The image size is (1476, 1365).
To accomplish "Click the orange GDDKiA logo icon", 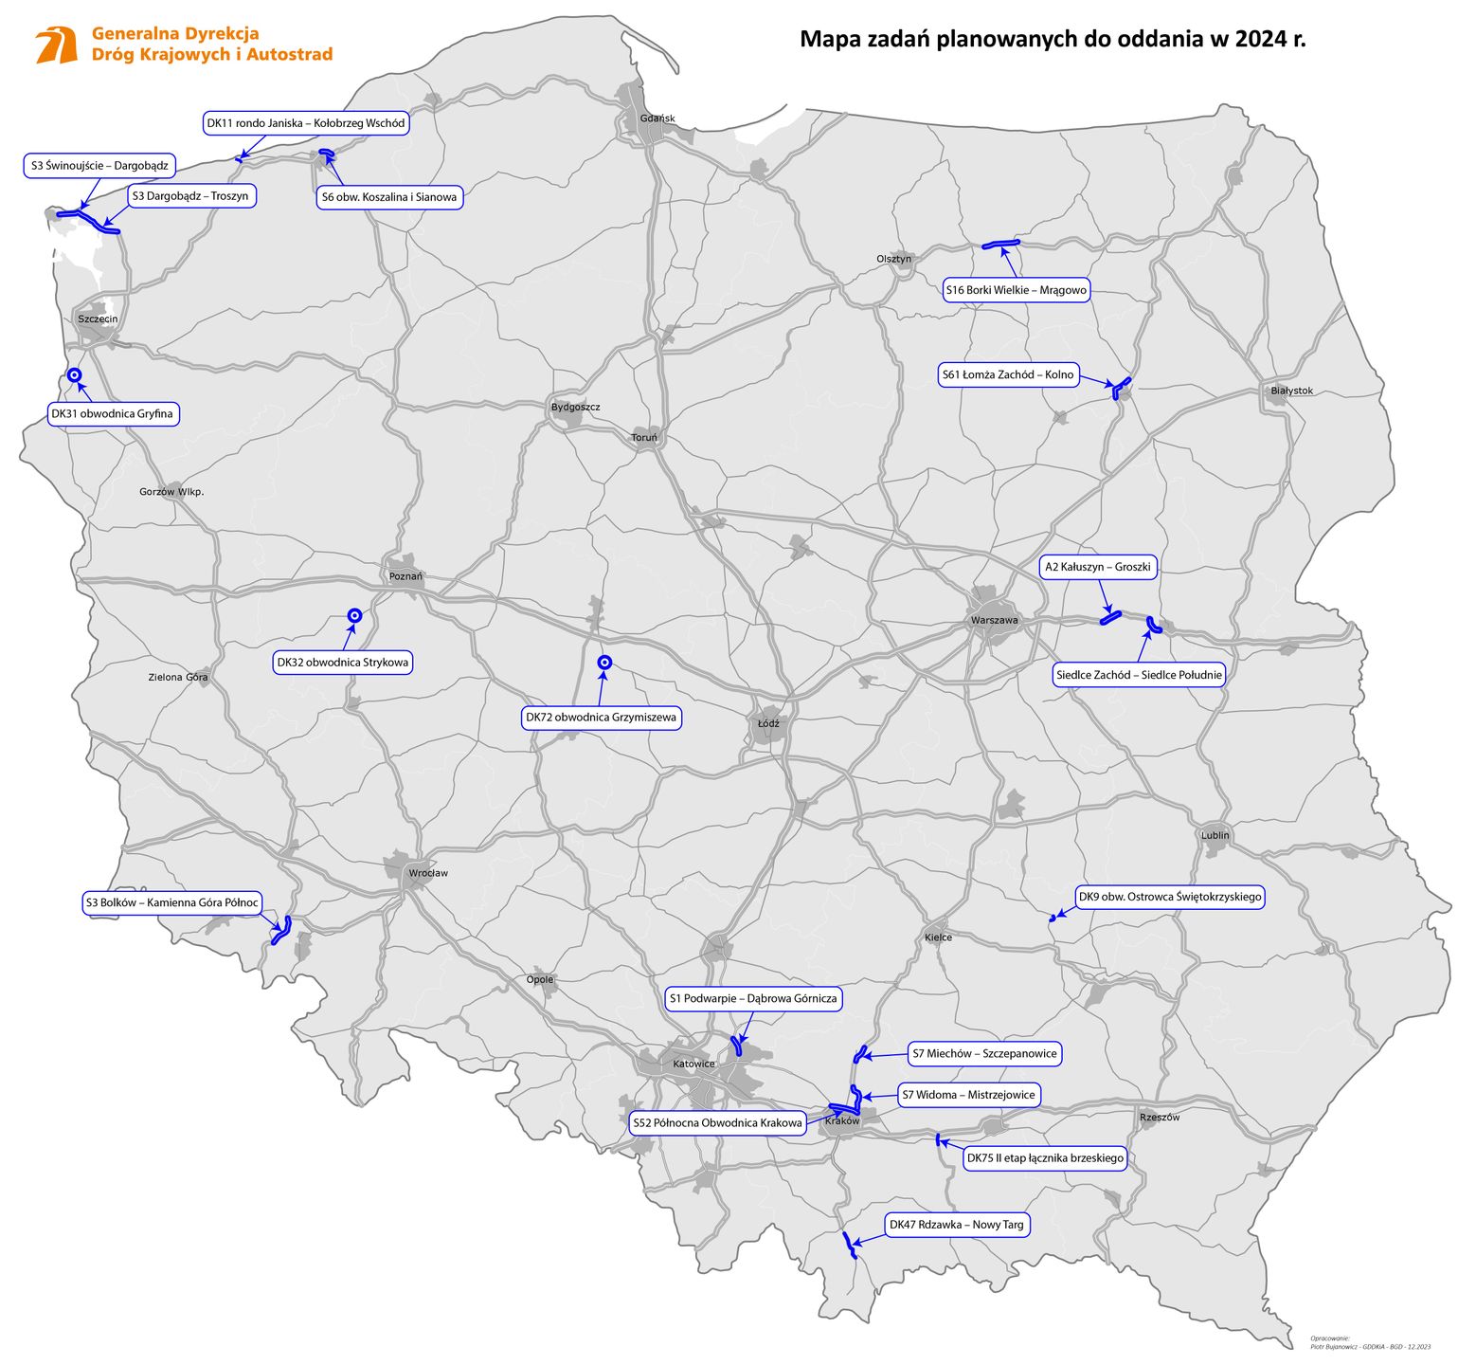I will (x=57, y=45).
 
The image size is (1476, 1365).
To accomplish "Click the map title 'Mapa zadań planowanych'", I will (x=1052, y=40).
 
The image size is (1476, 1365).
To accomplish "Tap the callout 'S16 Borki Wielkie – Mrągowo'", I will (x=1017, y=290).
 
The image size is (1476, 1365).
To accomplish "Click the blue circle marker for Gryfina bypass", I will (x=75, y=375).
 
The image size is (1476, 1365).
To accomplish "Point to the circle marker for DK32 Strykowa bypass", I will (x=354, y=615).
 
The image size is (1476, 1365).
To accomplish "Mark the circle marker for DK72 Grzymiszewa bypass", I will (x=603, y=664).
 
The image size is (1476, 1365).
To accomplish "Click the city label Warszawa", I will (x=994, y=621).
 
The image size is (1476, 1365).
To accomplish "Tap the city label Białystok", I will (x=1291, y=391).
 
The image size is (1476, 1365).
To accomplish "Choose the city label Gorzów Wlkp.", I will (x=171, y=492).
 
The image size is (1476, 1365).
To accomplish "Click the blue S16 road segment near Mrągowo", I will (x=1000, y=245).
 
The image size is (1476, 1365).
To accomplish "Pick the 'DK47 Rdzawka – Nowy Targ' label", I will (x=956, y=1225).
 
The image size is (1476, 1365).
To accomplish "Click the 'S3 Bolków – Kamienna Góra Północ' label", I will (x=171, y=902).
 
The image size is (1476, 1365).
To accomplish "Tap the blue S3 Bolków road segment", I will (x=280, y=931).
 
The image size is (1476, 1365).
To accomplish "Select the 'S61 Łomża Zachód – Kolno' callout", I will (x=1008, y=375).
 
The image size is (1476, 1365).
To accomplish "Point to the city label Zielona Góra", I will (x=178, y=678).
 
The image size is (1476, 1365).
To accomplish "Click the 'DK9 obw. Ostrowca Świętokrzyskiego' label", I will (x=1170, y=897).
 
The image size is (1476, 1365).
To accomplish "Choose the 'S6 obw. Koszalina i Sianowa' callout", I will (x=388, y=197).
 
